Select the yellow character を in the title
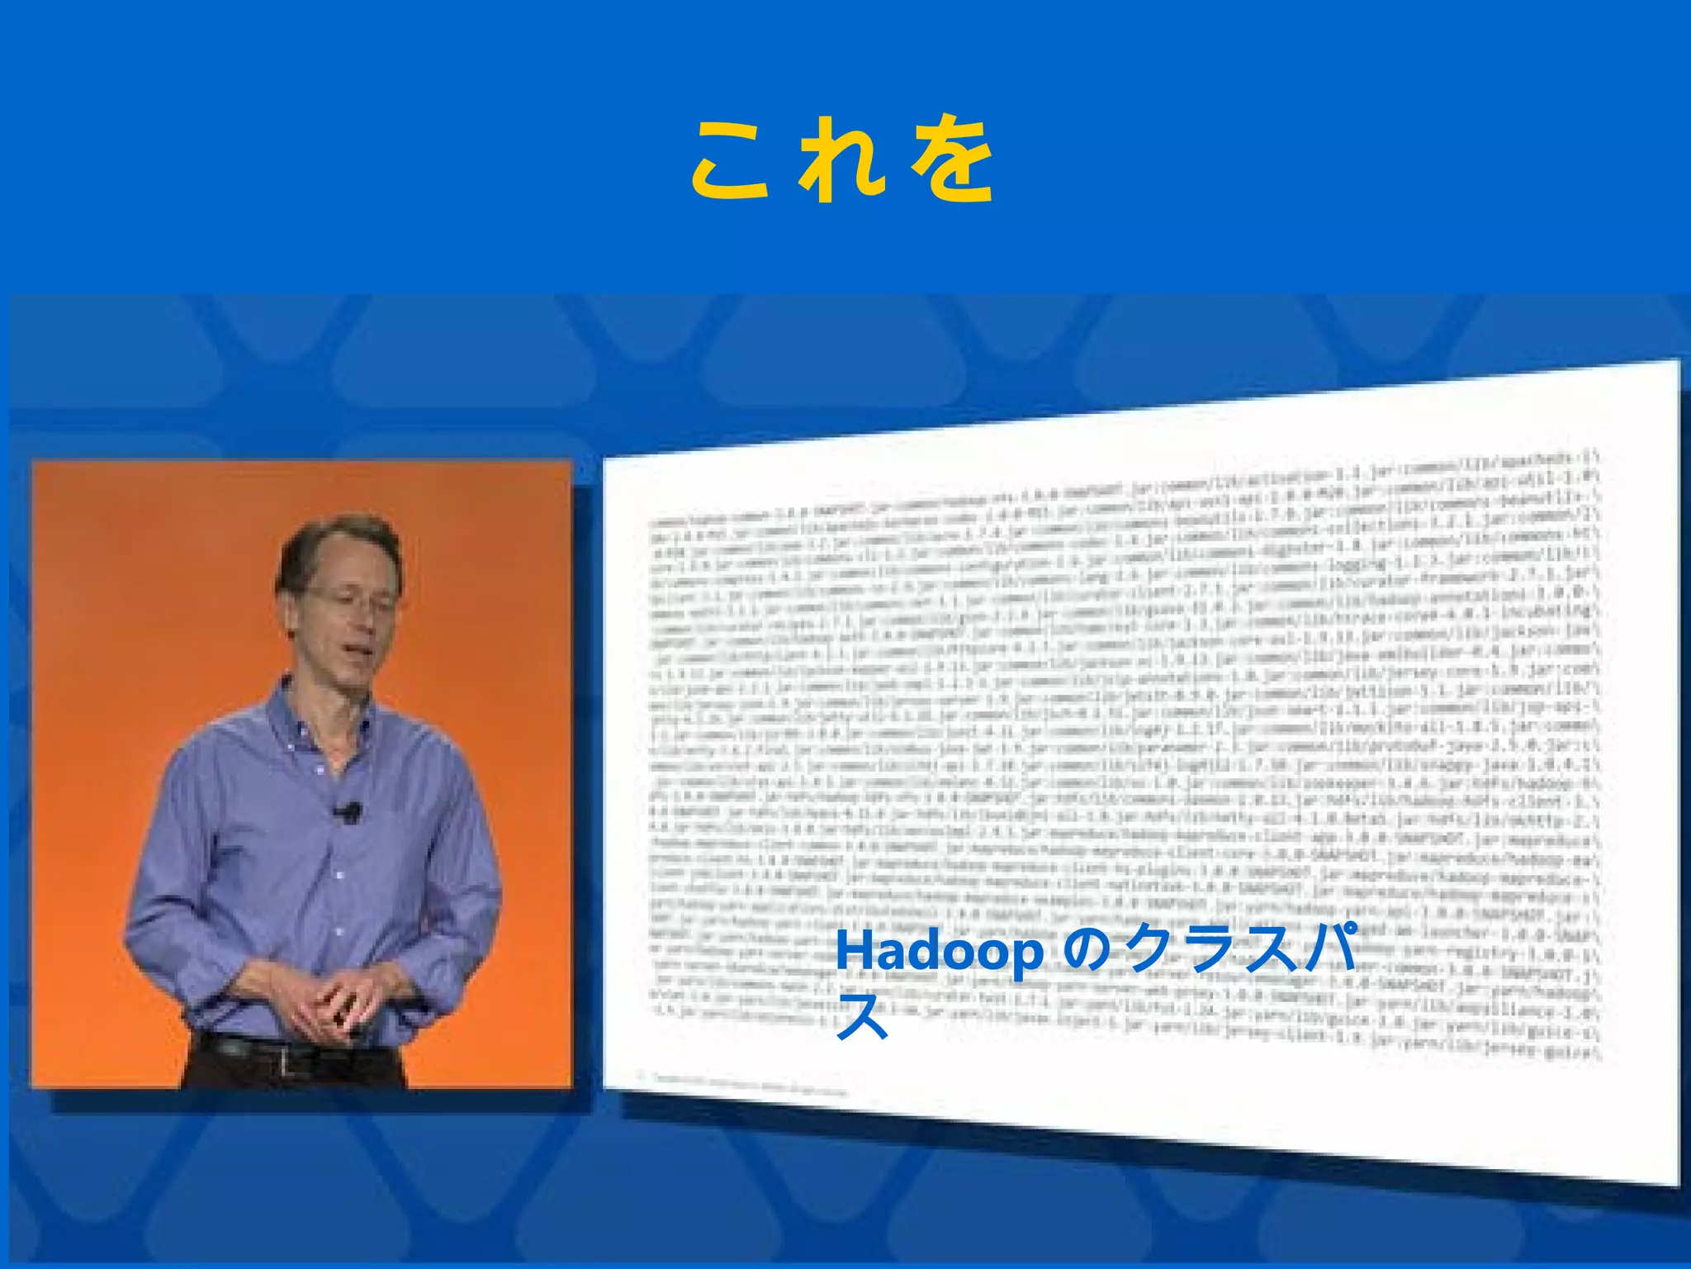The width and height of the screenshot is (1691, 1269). click(951, 160)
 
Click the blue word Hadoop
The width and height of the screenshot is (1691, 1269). click(939, 953)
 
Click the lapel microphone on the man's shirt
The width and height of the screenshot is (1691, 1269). click(350, 812)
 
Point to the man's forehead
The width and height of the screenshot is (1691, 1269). click(351, 558)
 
